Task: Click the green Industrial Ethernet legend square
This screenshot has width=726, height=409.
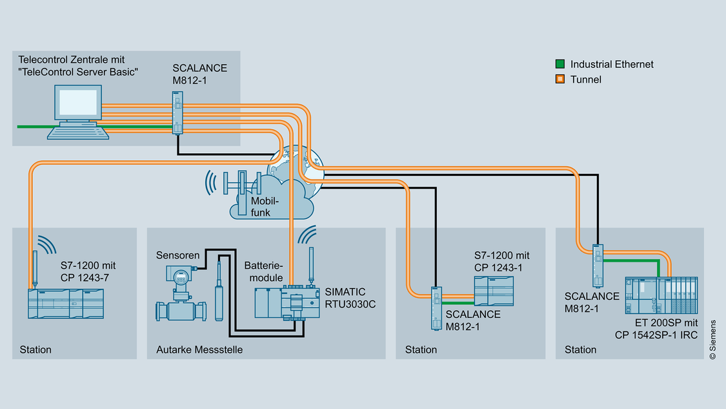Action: (x=560, y=65)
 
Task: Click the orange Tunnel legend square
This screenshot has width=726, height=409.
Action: (x=560, y=79)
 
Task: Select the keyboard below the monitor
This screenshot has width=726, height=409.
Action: (x=77, y=132)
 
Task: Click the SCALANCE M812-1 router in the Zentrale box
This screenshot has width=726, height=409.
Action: (x=178, y=112)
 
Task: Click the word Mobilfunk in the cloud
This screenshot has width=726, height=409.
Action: (x=261, y=206)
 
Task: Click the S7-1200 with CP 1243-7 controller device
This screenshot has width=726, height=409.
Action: (x=65, y=303)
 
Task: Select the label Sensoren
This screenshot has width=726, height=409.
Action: (x=177, y=256)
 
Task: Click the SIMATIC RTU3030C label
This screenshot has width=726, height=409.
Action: (x=348, y=299)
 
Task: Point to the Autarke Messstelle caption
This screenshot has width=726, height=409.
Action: (x=199, y=350)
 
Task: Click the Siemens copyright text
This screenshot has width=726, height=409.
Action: (x=712, y=339)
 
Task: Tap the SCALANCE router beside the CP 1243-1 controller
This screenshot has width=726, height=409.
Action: (x=436, y=308)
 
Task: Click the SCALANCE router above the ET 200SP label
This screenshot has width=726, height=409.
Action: (x=597, y=265)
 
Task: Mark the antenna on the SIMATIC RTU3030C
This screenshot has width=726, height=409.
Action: (x=311, y=265)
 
